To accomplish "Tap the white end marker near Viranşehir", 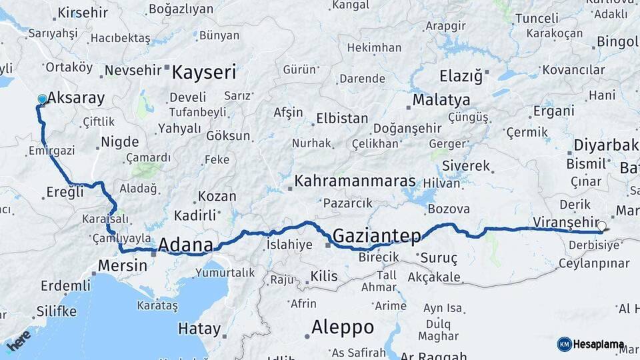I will tap(601, 227).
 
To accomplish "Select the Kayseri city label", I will tap(205, 72).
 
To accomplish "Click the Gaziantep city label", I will tap(377, 235).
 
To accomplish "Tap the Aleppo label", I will tap(343, 327).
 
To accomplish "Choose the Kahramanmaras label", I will tap(355, 181).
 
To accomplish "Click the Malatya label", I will tap(441, 100).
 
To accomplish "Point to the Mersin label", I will tap(122, 265).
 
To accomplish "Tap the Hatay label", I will tap(199, 329).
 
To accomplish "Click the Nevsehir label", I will tap(133, 70).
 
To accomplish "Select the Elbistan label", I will tap(341, 118).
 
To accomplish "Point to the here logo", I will tap(18, 340).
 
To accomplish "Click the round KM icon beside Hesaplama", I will tap(565, 344).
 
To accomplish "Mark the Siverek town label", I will tap(466, 166).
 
